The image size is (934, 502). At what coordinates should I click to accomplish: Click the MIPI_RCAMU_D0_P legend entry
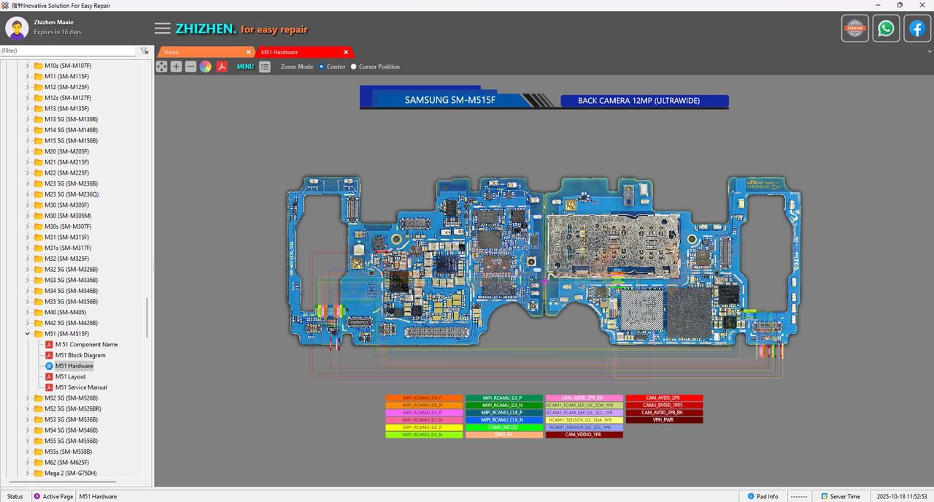pyautogui.click(x=424, y=398)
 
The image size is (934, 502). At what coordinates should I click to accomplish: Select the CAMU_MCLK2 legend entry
pyautogui.click(x=504, y=427)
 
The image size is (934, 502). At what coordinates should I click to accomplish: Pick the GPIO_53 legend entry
pyautogui.click(x=504, y=435)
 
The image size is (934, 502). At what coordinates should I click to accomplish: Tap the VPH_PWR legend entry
pyautogui.click(x=664, y=420)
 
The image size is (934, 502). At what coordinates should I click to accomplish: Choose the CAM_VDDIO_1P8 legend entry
pyautogui.click(x=584, y=435)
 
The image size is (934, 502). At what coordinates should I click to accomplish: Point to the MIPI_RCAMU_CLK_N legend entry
pyautogui.click(x=504, y=420)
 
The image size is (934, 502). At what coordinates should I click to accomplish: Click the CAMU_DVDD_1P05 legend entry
pyautogui.click(x=664, y=406)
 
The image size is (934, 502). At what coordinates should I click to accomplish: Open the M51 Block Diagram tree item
pyautogui.click(x=80, y=355)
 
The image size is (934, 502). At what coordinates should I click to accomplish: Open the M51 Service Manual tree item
pyautogui.click(x=81, y=387)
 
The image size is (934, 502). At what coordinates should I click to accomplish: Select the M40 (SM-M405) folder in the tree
pyautogui.click(x=65, y=312)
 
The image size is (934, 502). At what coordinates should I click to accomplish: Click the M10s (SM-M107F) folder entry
pyautogui.click(x=68, y=66)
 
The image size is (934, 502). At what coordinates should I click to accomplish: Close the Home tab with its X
pyautogui.click(x=249, y=53)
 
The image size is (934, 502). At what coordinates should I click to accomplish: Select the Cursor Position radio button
pyautogui.click(x=354, y=66)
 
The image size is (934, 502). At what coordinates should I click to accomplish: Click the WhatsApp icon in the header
pyautogui.click(x=886, y=28)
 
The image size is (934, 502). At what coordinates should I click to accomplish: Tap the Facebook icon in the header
pyautogui.click(x=917, y=28)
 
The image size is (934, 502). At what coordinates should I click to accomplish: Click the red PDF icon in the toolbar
pyautogui.click(x=221, y=66)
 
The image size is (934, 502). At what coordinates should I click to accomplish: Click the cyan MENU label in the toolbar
pyautogui.click(x=245, y=66)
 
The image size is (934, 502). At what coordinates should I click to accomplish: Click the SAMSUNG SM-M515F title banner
pyautogui.click(x=450, y=100)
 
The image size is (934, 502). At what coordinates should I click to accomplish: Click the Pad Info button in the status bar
pyautogui.click(x=762, y=496)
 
